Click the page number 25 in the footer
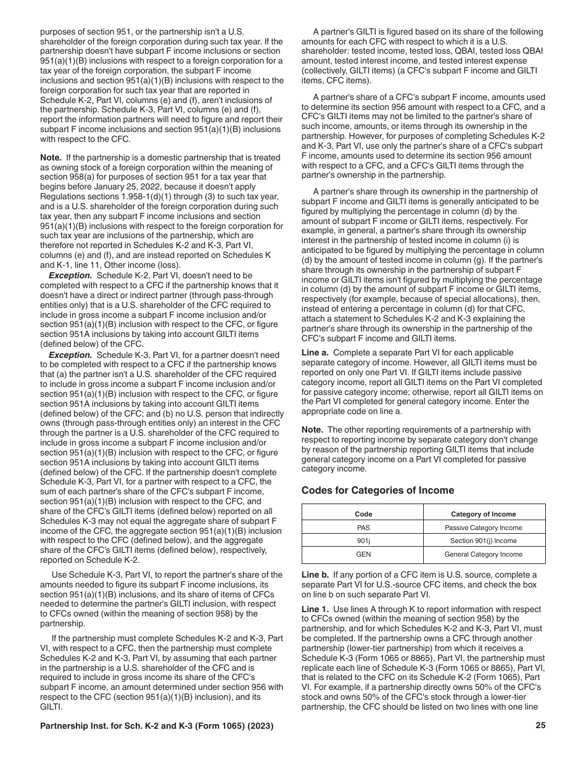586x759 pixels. click(x=540, y=726)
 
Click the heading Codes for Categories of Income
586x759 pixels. click(x=378, y=491)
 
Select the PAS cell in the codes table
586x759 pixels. click(x=363, y=528)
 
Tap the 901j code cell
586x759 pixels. click(x=363, y=541)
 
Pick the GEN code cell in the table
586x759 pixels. click(x=363, y=555)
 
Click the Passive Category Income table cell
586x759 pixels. click(x=484, y=528)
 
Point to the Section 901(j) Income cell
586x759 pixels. click(x=484, y=541)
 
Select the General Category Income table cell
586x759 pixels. click(x=484, y=555)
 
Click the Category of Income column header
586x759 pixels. click(x=484, y=514)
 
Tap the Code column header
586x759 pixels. click(x=363, y=514)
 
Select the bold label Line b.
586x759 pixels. click(x=315, y=574)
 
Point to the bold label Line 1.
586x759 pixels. click(x=315, y=609)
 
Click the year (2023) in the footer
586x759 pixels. click(x=259, y=726)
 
